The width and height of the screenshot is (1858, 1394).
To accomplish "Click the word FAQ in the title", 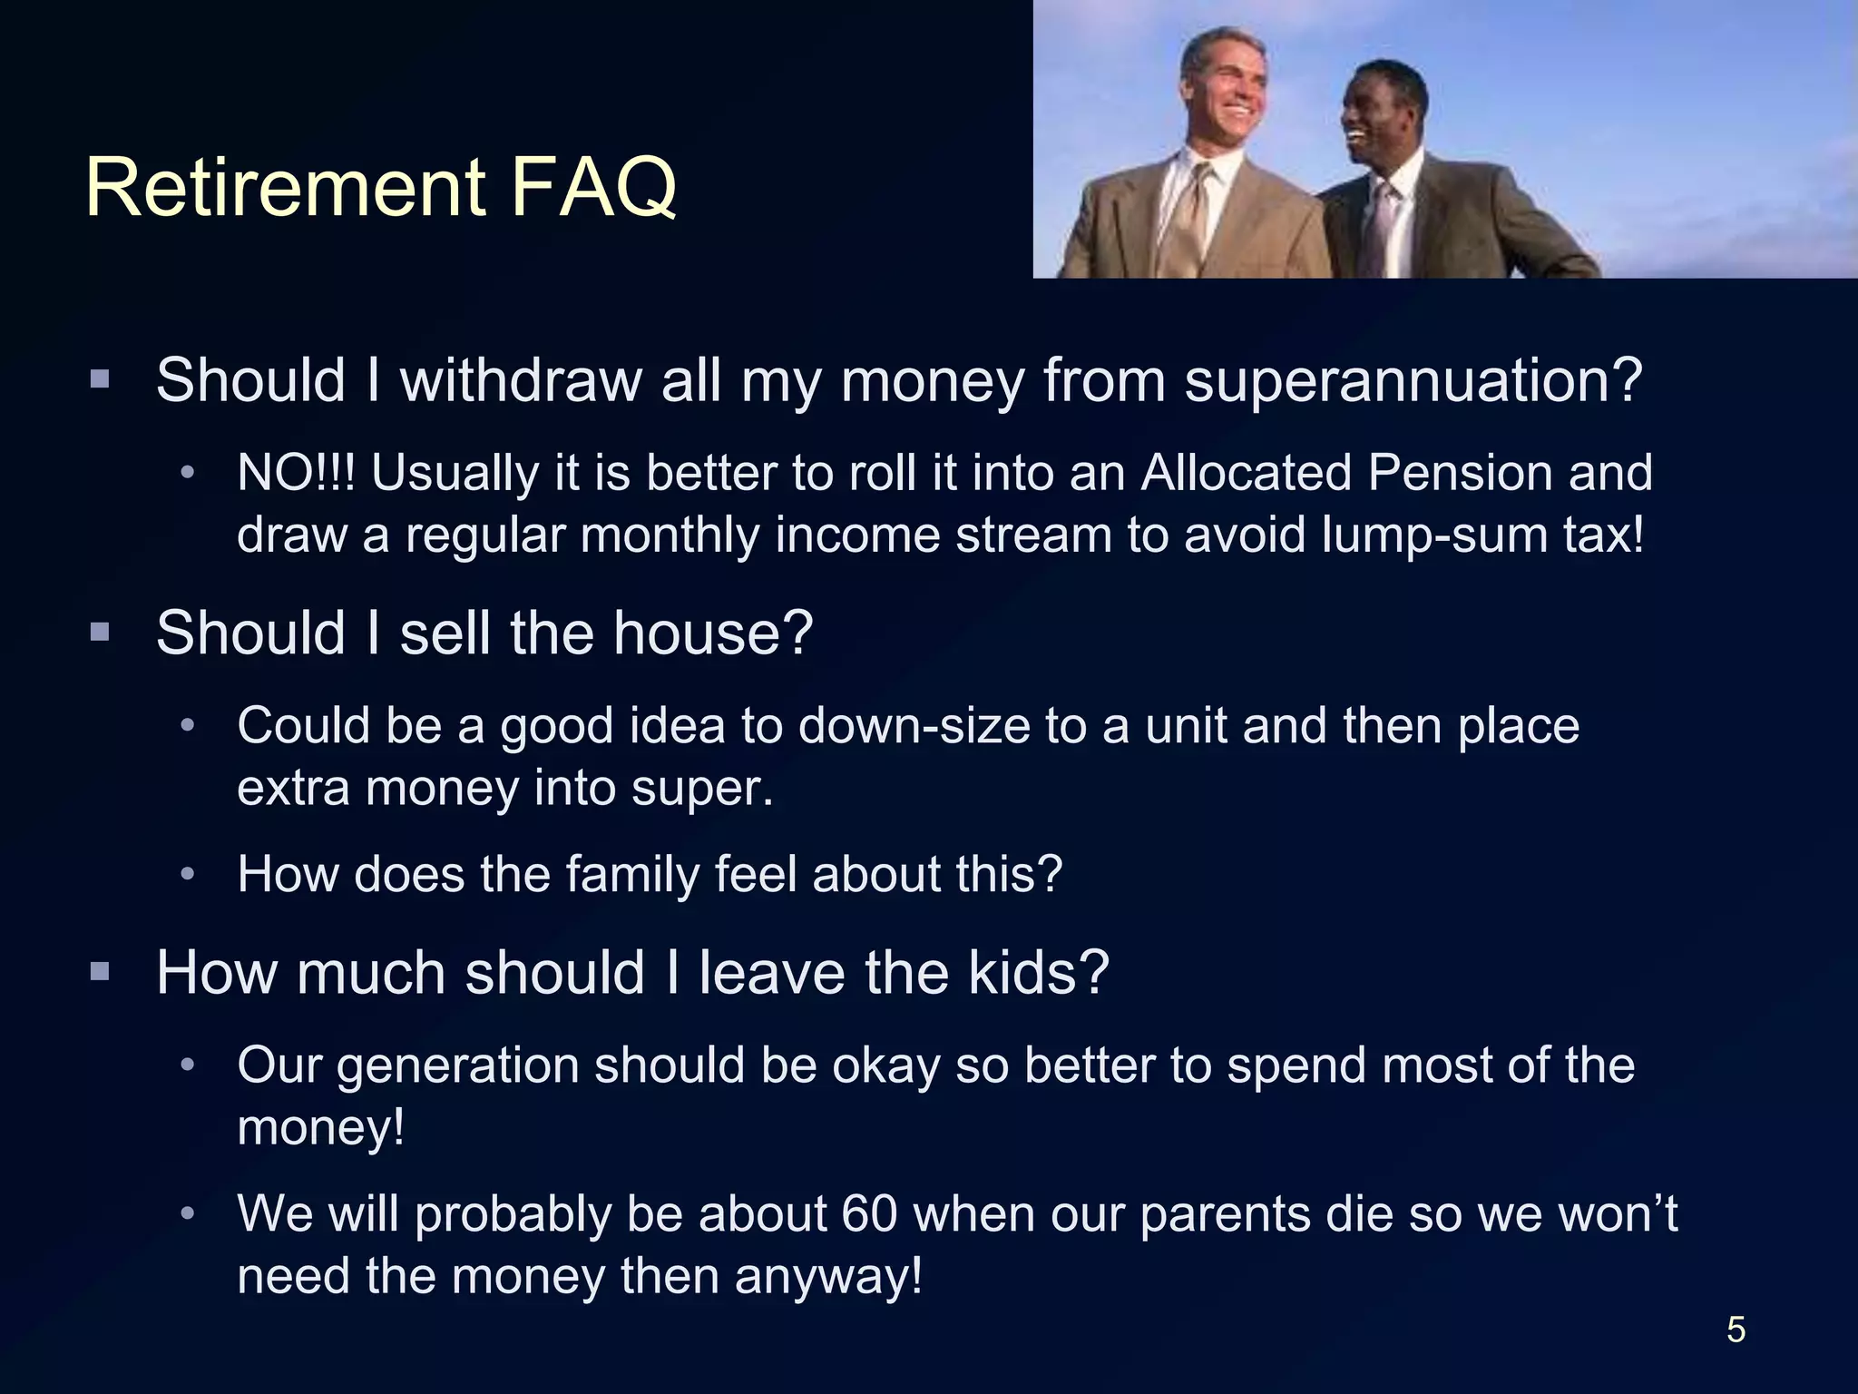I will coord(594,188).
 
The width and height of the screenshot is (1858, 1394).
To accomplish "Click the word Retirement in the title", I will coord(287,188).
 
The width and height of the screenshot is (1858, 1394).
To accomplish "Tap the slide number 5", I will coord(1736,1330).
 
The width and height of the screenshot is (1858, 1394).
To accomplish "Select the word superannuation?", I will coord(1413,380).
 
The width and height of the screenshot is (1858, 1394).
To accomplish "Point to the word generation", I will coord(458,1066).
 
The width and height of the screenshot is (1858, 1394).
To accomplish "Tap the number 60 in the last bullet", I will coord(869,1214).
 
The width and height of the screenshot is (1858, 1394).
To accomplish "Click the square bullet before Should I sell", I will coord(100,633).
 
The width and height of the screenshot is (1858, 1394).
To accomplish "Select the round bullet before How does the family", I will coord(188,874).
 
